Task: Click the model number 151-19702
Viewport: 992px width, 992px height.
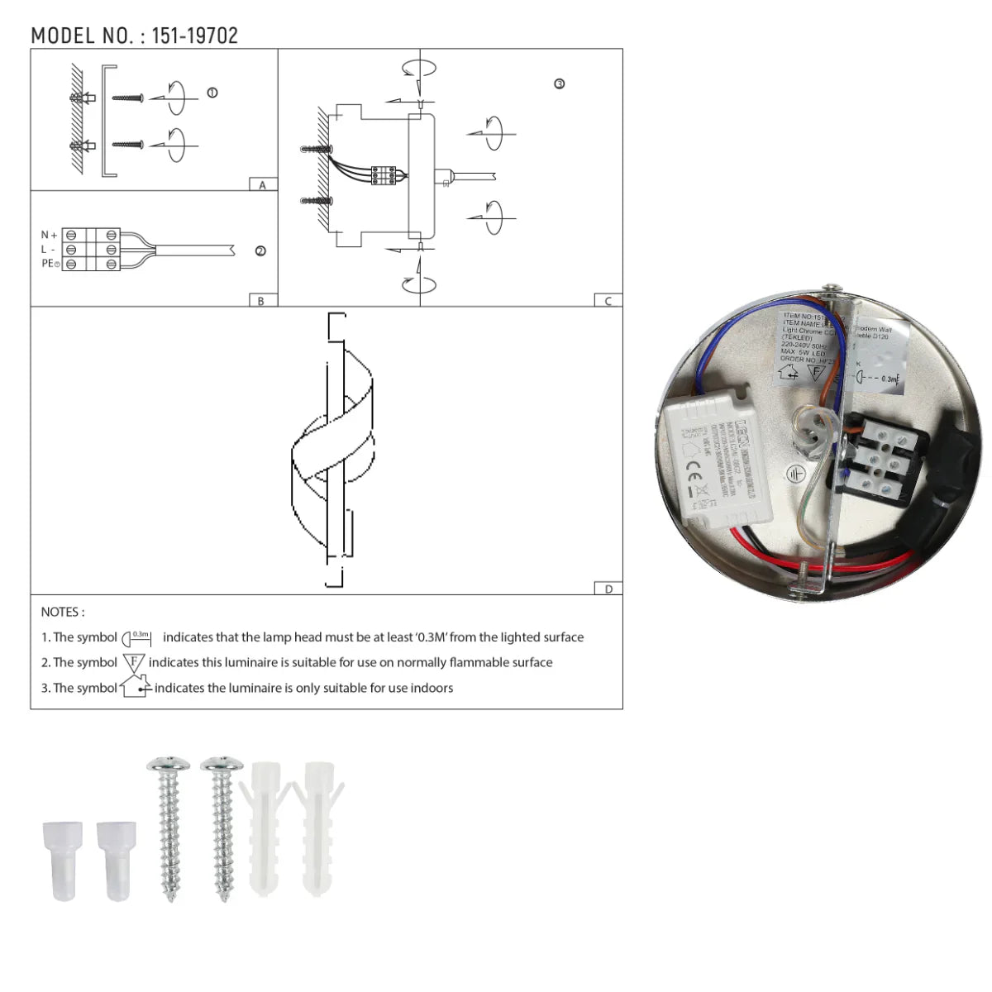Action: pyautogui.click(x=195, y=36)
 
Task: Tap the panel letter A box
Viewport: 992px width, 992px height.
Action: pyautogui.click(x=262, y=185)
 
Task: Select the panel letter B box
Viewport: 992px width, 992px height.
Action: pyautogui.click(x=261, y=301)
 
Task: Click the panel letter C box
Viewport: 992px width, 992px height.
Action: pyautogui.click(x=608, y=301)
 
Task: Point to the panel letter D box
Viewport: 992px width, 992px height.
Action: pyautogui.click(x=608, y=589)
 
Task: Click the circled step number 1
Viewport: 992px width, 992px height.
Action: pyautogui.click(x=212, y=93)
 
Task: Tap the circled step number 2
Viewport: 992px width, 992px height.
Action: pyautogui.click(x=260, y=251)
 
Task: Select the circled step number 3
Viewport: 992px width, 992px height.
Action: pyautogui.click(x=560, y=84)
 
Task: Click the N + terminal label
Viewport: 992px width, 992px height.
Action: pyautogui.click(x=49, y=236)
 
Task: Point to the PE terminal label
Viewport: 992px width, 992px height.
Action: pyautogui.click(x=50, y=264)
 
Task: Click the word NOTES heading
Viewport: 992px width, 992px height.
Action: pyautogui.click(x=62, y=612)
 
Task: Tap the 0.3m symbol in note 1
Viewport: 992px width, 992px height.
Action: pyautogui.click(x=137, y=637)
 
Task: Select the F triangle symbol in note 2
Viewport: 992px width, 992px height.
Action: pyautogui.click(x=134, y=662)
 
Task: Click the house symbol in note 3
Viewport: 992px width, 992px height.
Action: pyautogui.click(x=135, y=687)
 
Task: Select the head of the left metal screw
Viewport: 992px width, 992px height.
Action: pyautogui.click(x=168, y=765)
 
